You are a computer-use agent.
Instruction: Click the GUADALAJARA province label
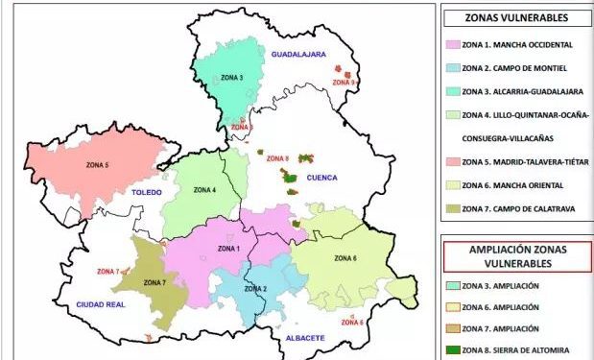pyautogui.click(x=299, y=55)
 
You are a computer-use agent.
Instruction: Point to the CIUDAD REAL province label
pyautogui.click(x=102, y=304)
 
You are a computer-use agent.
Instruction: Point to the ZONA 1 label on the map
pyautogui.click(x=228, y=250)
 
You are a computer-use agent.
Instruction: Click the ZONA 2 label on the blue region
pyautogui.click(x=254, y=289)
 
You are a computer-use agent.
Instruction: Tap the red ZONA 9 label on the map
pyautogui.click(x=344, y=83)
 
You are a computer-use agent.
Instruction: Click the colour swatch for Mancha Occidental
pyautogui.click(x=453, y=44)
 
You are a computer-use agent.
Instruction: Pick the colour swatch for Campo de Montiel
pyautogui.click(x=453, y=68)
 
